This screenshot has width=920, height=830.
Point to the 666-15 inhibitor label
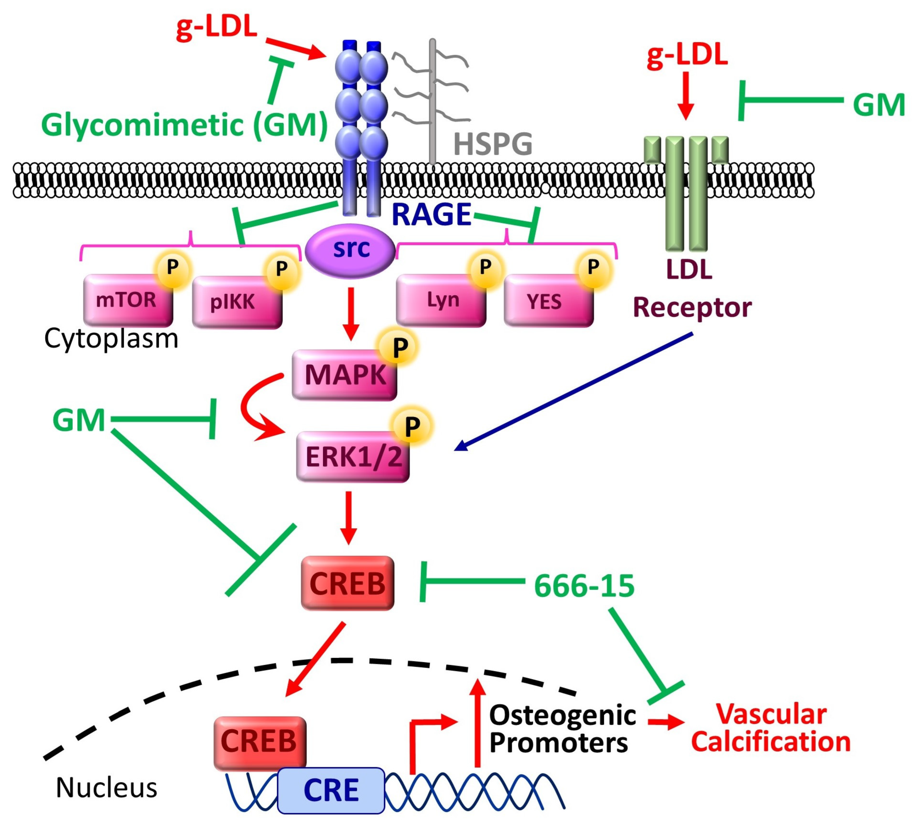[x=584, y=586]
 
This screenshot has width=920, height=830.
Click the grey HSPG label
[x=493, y=144]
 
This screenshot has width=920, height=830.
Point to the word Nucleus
[x=106, y=788]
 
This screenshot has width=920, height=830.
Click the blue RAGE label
[x=431, y=214]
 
